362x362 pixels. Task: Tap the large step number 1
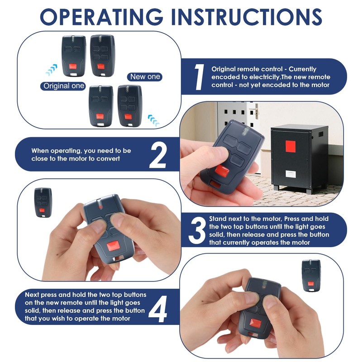click(x=198, y=77)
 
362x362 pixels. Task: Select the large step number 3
click(x=197, y=230)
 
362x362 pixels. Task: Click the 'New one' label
click(x=145, y=76)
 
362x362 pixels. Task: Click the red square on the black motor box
click(x=290, y=146)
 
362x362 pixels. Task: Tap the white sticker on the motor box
click(x=290, y=173)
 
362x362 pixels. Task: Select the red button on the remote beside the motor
click(x=222, y=171)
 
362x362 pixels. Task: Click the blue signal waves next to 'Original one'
click(x=52, y=70)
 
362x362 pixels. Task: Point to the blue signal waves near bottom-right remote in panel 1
click(x=154, y=120)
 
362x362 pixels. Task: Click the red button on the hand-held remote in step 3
click(x=114, y=247)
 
